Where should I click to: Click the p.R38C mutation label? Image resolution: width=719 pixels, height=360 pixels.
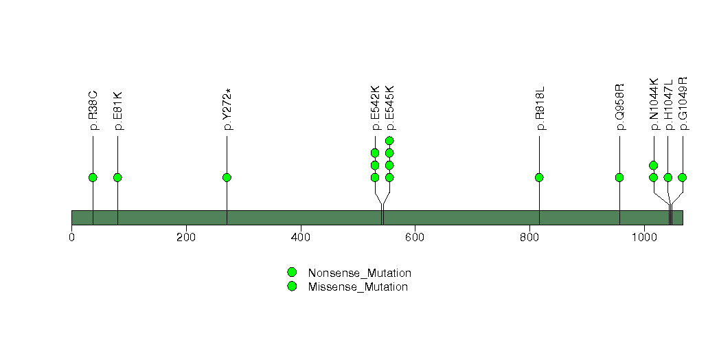pos(93,111)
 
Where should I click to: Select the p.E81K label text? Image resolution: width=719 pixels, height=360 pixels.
pos(118,111)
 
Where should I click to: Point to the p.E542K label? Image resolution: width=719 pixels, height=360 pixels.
pos(376,109)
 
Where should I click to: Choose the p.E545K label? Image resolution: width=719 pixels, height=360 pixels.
pos(390,109)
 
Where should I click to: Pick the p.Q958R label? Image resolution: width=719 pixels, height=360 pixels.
pos(620,107)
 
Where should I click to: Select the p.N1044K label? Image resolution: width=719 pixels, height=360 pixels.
pos(654,104)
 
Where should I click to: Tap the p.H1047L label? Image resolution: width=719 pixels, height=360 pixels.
pos(669,104)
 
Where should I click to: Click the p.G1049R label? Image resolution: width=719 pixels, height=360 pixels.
pos(683,104)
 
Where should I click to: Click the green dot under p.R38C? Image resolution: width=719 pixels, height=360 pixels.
pos(93,177)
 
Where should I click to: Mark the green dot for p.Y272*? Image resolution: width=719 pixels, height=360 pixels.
pos(227,177)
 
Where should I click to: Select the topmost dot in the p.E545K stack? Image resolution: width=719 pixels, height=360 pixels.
pos(390,141)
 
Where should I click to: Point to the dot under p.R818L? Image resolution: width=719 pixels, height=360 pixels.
pos(539,177)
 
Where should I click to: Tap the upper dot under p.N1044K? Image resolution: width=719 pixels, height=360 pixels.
pos(654,166)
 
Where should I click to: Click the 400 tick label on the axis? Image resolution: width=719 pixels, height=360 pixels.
pos(300,238)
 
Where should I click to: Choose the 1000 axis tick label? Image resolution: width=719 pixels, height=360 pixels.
pos(644,238)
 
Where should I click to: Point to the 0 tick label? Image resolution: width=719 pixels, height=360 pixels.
pos(72,238)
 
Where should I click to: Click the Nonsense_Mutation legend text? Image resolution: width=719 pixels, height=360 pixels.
pos(360,273)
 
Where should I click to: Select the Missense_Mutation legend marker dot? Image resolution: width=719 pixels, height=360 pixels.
pos(292,286)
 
